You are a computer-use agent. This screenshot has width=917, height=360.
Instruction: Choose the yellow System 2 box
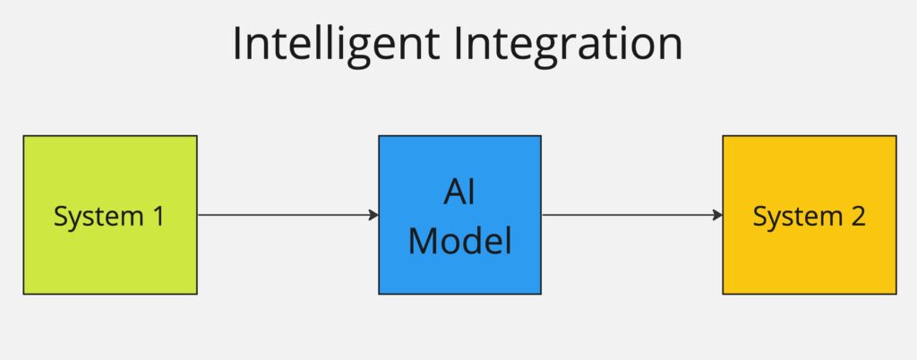[x=810, y=260]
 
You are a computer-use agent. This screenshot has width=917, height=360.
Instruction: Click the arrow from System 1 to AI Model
[x=287, y=215]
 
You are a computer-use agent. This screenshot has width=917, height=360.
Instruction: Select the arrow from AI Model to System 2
[x=631, y=215]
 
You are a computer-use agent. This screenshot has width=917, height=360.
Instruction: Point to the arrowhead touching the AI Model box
[x=373, y=215]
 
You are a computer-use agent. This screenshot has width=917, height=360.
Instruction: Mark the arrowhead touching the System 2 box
[x=717, y=215]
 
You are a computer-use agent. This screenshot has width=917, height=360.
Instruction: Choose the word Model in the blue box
[x=460, y=241]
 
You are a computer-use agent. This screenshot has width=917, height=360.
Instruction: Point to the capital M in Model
[x=423, y=241]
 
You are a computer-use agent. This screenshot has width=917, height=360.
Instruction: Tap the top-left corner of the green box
[x=24, y=136]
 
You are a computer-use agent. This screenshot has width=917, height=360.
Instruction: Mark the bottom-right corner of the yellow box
[x=896, y=293]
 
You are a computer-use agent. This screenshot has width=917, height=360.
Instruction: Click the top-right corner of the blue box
[x=540, y=136]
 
